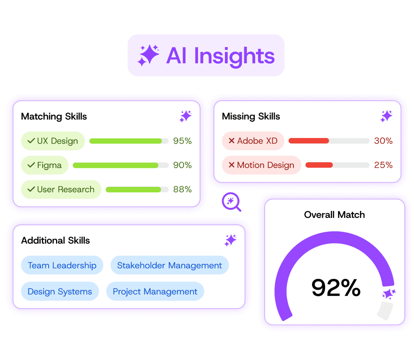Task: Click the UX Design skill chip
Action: pyautogui.click(x=53, y=141)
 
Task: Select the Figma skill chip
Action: pyautogui.click(x=45, y=165)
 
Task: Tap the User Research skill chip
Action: pyautogui.click(x=61, y=190)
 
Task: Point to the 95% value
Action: pyautogui.click(x=182, y=141)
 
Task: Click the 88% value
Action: pyautogui.click(x=182, y=190)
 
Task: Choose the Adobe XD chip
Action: pyautogui.click(x=253, y=141)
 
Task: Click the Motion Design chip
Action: pyautogui.click(x=261, y=165)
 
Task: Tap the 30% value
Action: pyautogui.click(x=383, y=141)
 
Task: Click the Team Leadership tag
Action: pyautogui.click(x=62, y=265)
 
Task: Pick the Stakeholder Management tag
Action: pyautogui.click(x=169, y=265)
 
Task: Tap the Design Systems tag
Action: pyautogui.click(x=60, y=291)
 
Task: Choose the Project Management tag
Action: pyautogui.click(x=155, y=291)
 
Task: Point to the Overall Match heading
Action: pyautogui.click(x=334, y=215)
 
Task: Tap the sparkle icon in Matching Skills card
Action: pyautogui.click(x=185, y=116)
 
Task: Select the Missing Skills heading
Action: pyautogui.click(x=251, y=116)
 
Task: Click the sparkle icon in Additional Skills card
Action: pyautogui.click(x=231, y=240)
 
